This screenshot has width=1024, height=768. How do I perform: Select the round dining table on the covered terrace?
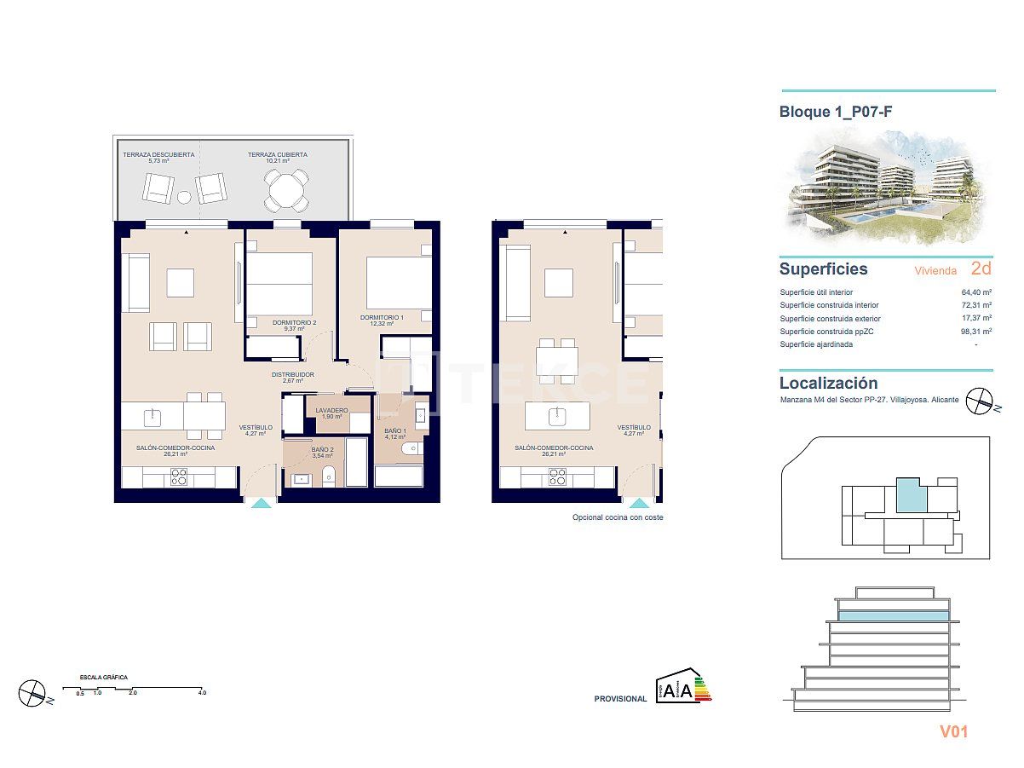pyautogui.click(x=285, y=190)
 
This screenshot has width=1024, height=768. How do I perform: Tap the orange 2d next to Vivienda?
pyautogui.click(x=981, y=269)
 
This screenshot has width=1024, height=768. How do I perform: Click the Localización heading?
pyautogui.click(x=828, y=384)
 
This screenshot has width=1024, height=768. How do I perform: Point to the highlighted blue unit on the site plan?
pyautogui.click(x=910, y=494)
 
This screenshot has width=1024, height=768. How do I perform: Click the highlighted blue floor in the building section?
pyautogui.click(x=893, y=615)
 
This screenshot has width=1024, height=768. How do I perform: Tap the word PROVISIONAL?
pyautogui.click(x=620, y=699)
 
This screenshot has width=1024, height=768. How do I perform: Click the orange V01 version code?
pyautogui.click(x=953, y=731)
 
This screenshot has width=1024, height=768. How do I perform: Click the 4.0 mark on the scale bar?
pyautogui.click(x=201, y=693)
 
